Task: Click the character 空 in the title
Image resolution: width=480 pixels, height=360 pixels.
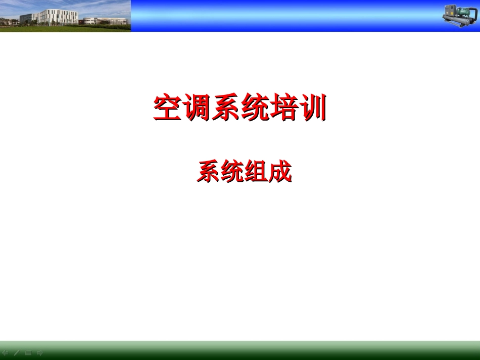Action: [168, 108]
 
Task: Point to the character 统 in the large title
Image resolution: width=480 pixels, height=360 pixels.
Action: [254, 108]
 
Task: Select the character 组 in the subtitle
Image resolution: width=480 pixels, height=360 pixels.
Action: [256, 172]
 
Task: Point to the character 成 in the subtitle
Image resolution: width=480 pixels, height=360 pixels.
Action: [280, 172]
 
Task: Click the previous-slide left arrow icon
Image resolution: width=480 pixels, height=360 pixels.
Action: [5, 352]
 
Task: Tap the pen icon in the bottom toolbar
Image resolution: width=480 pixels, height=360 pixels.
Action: [17, 352]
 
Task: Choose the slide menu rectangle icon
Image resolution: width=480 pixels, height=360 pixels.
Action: [28, 352]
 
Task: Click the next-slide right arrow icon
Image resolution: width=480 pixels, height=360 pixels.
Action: [40, 352]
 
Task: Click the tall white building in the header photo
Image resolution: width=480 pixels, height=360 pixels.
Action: [58, 17]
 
